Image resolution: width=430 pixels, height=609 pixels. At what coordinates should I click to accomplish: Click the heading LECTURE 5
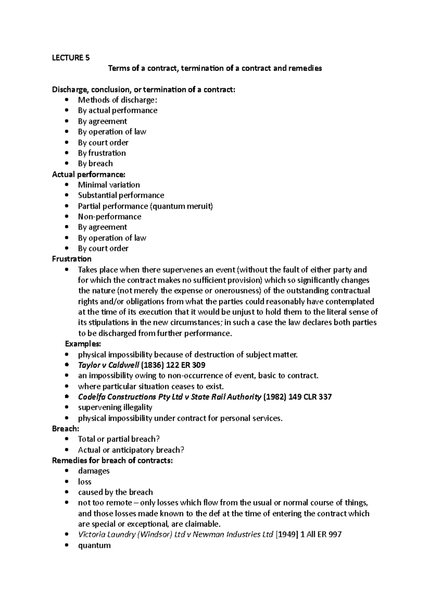tap(71, 58)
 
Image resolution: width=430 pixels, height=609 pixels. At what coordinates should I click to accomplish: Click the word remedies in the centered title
tap(305, 68)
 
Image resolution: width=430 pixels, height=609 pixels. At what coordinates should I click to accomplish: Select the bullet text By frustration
tap(102, 153)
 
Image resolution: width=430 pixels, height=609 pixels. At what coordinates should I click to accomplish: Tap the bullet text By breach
tap(95, 164)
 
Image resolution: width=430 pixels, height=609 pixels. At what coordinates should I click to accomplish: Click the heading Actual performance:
tap(89, 174)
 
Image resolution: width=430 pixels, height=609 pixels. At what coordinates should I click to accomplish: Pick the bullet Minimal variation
tap(109, 185)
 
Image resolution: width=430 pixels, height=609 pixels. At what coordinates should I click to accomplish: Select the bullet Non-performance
tap(110, 217)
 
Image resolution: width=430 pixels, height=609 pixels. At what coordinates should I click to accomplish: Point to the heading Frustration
tap(72, 259)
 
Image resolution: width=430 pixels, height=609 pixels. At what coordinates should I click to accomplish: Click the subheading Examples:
tap(83, 344)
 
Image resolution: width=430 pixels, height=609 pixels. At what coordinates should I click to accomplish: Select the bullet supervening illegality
tap(115, 407)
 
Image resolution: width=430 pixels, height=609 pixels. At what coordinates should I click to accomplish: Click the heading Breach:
tap(66, 429)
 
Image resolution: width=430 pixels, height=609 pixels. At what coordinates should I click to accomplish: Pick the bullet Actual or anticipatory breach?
tap(131, 450)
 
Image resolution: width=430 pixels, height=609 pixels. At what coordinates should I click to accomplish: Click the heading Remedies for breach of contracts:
tap(112, 461)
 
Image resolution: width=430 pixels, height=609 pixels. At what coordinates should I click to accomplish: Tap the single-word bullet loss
tap(85, 482)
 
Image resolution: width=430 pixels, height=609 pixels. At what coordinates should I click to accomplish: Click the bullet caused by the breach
tap(115, 492)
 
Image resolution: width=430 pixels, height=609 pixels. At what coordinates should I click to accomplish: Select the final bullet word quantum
tap(94, 546)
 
